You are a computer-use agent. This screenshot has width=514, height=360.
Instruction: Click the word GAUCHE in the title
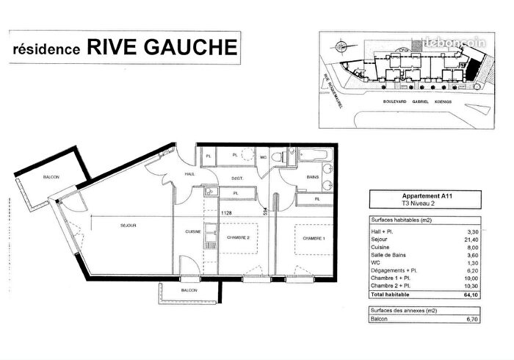point(187,48)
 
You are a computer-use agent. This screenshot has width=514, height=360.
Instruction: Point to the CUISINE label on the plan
point(193,232)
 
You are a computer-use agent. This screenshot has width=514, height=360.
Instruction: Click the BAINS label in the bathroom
point(312,177)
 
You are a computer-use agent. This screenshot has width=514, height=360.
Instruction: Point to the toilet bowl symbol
point(277,156)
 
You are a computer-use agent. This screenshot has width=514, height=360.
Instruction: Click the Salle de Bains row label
point(389,255)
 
